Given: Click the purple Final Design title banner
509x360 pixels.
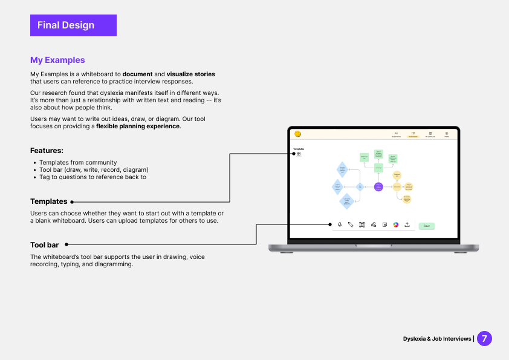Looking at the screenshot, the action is tap(73, 25).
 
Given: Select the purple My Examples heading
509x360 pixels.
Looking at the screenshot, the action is tap(57, 60).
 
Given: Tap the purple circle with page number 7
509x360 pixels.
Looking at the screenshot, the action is tap(484, 338).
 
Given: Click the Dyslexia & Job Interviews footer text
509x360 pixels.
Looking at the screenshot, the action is tap(437, 339).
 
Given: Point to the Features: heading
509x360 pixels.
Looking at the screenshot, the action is tap(47, 151).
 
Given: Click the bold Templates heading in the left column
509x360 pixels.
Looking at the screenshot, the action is tap(48, 201).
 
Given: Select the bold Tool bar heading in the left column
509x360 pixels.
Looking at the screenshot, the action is tap(45, 245).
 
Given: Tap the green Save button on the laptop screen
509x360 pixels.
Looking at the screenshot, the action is tap(426, 226).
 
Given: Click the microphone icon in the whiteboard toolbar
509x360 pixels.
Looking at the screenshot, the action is tap(340, 224).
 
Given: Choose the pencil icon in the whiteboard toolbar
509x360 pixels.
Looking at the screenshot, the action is tap(351, 224).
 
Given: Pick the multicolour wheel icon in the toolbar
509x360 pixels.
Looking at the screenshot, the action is tap(396, 224).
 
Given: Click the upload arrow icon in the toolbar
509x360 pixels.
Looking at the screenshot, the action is tap(407, 224).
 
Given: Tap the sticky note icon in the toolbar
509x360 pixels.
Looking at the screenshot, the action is tap(384, 224).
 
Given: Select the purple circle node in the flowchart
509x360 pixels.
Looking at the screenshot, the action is tap(378, 187).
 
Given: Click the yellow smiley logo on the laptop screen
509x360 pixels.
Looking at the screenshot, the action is tap(297, 134).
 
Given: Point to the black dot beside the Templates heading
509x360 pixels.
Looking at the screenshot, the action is tap(72, 202).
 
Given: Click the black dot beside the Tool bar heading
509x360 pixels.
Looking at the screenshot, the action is tap(66, 245).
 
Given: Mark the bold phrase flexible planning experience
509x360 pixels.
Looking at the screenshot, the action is tap(138, 126).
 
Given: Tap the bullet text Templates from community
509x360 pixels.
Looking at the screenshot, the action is tap(78, 162).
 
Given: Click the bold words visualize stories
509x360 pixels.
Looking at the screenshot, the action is tap(190, 74).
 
